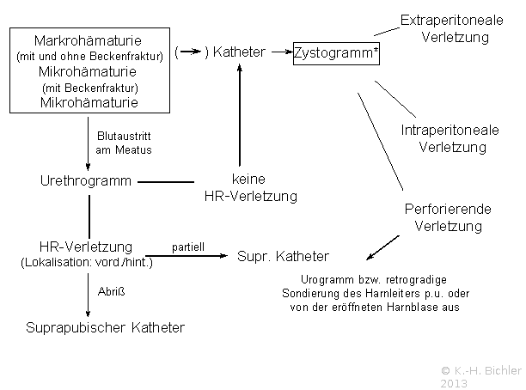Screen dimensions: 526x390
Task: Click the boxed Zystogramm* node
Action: click(336, 53)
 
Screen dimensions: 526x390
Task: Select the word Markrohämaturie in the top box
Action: click(88, 41)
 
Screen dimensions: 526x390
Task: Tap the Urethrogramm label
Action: click(86, 181)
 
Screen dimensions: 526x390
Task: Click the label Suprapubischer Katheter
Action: click(106, 327)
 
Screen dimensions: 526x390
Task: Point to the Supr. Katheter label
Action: click(283, 257)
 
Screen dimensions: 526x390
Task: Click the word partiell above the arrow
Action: click(188, 247)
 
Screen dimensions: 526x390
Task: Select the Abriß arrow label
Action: click(112, 291)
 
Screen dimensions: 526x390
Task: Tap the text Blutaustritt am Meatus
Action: click(124, 143)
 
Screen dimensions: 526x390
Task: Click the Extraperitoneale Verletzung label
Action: click(452, 28)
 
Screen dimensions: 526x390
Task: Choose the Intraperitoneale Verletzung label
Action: click(450, 138)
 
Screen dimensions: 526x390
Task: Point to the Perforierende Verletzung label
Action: click(448, 217)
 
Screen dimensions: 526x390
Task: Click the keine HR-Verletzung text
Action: click(251, 188)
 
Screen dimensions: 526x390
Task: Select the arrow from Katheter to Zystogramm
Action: click(282, 52)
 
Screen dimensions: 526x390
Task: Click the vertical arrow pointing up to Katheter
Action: click(240, 115)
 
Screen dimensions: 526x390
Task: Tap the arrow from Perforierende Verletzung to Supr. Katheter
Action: click(382, 247)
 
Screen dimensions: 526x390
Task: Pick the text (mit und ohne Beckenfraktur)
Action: click(90, 57)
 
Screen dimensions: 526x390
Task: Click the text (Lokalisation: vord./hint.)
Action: click(87, 262)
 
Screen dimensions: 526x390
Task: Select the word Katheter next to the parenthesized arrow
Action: click(239, 52)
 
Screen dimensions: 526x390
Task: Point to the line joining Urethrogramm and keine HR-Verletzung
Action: click(166, 182)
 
